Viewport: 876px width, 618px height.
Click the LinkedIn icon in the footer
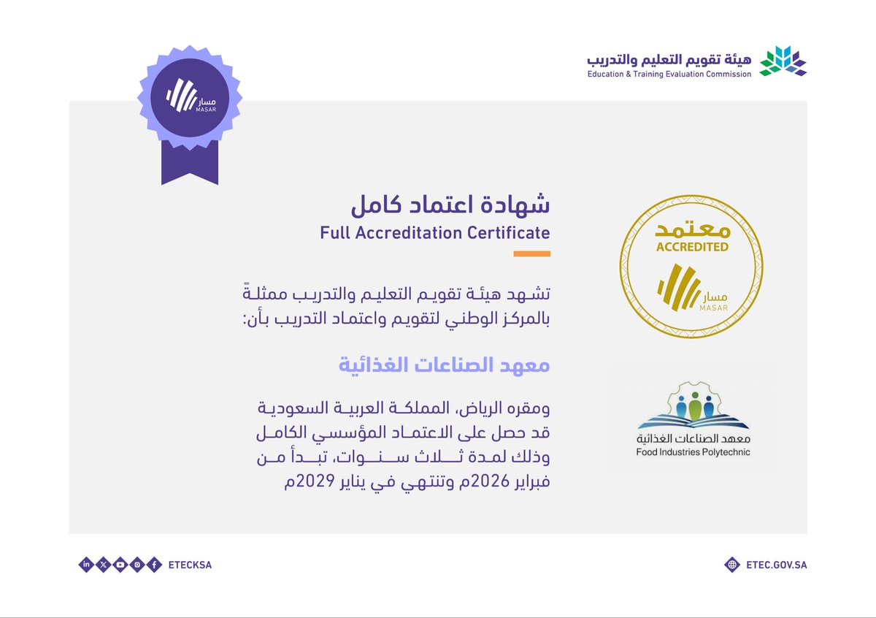coord(86,565)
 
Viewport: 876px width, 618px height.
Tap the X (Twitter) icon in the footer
coord(103,565)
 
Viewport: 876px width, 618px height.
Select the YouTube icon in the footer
coord(120,565)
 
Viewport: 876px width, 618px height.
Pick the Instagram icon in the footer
coord(137,565)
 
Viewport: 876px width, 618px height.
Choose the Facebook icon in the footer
coord(153,565)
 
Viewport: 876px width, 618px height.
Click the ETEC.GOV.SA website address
coord(777,565)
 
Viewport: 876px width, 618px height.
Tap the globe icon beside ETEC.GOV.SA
coord(732,565)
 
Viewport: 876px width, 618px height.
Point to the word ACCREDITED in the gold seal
coord(692,247)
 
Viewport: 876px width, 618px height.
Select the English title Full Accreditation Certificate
coord(434,233)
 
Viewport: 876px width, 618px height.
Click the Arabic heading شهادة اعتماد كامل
coord(450,204)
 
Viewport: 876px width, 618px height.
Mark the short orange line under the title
coord(531,254)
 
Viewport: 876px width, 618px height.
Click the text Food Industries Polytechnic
coord(693,452)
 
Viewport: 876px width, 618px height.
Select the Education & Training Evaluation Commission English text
coord(669,74)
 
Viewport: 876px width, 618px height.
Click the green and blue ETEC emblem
coord(783,61)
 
